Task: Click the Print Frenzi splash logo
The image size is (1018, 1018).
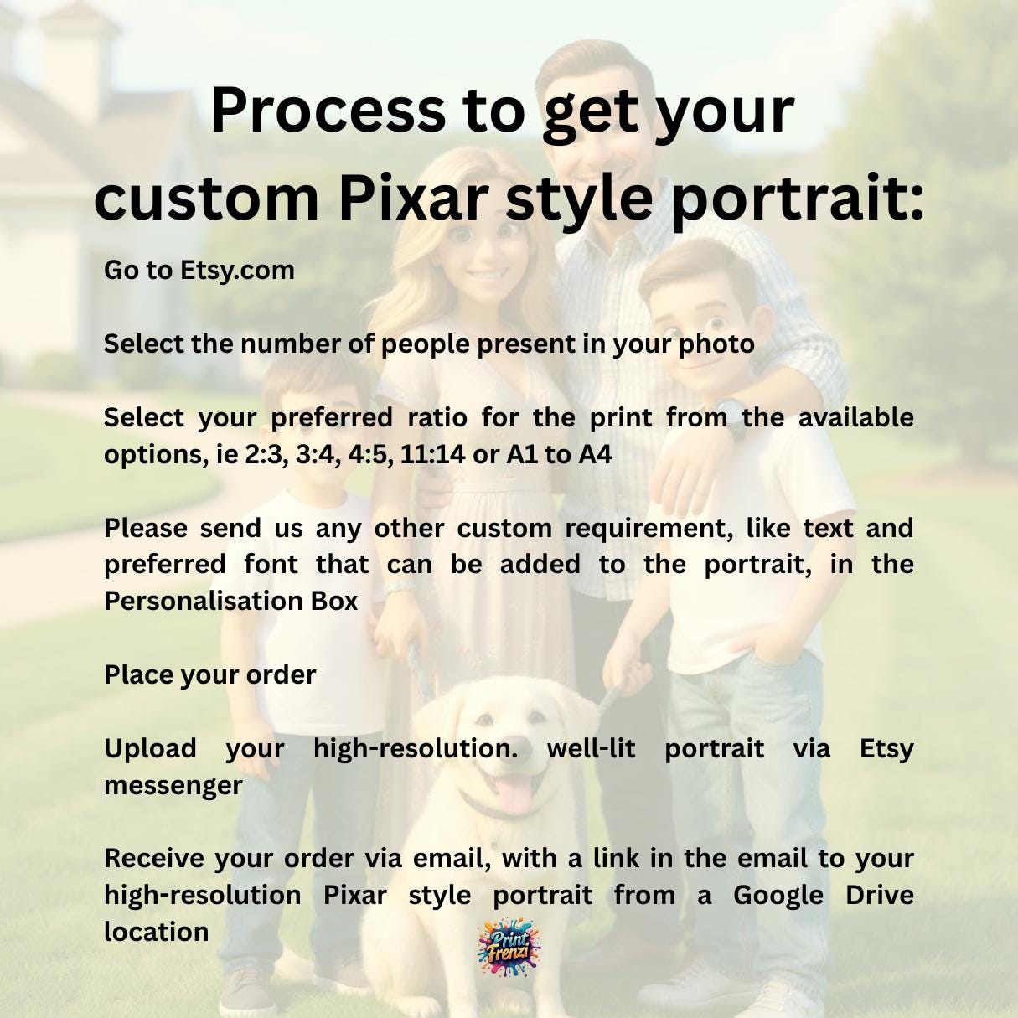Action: click(509, 948)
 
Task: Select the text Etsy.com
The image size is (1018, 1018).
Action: click(237, 271)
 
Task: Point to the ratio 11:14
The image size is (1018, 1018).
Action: click(432, 454)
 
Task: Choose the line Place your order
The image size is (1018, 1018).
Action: click(209, 675)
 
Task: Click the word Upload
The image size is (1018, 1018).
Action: click(150, 749)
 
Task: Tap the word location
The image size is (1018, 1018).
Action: click(157, 932)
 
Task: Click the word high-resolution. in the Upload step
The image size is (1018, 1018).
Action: click(416, 749)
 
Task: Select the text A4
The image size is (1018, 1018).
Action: click(596, 454)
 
